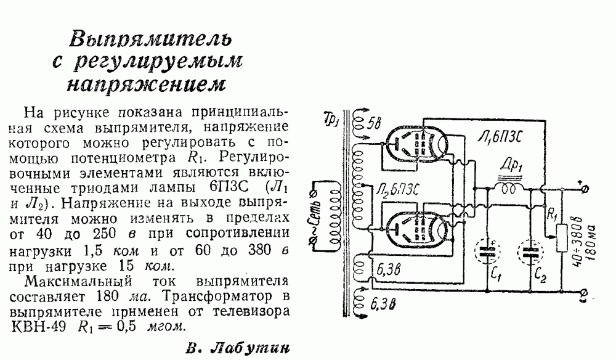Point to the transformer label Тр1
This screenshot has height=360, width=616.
[x=331, y=117]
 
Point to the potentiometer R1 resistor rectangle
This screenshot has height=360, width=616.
[x=562, y=237]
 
